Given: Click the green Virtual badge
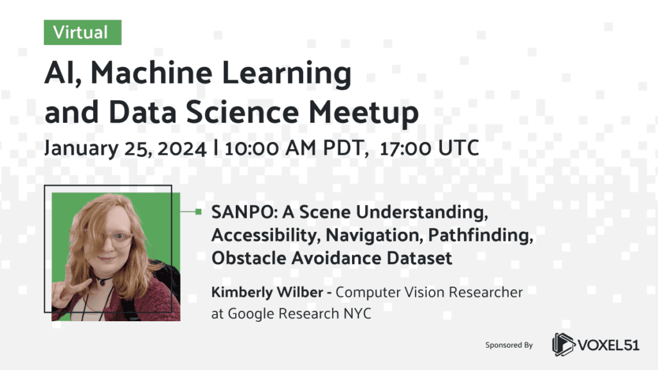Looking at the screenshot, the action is (x=83, y=32).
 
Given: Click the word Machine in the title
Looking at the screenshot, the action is (x=152, y=73).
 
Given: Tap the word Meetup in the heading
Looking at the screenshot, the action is (x=364, y=113).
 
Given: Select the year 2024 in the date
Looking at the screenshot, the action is (x=182, y=148).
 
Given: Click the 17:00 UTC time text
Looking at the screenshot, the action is (x=429, y=148).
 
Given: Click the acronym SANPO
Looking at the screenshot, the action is (x=242, y=212).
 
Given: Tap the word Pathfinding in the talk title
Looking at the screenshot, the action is (x=481, y=235).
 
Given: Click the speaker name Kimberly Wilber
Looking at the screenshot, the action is (x=267, y=292).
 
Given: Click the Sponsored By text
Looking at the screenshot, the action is (x=509, y=345).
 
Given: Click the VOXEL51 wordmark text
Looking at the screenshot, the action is (x=609, y=345).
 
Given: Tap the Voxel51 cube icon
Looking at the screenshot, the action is (x=563, y=344).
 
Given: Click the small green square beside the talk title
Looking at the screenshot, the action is (x=198, y=212).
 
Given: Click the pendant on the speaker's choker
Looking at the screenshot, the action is (x=102, y=283).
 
